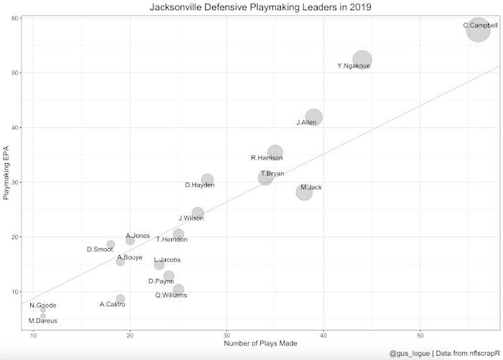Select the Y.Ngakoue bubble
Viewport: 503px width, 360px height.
click(362, 60)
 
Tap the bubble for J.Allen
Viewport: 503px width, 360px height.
click(313, 117)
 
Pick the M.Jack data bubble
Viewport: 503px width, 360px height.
click(304, 192)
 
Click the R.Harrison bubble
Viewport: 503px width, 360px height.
click(275, 152)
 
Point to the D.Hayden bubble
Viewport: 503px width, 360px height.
click(208, 180)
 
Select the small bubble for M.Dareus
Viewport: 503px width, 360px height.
click(43, 315)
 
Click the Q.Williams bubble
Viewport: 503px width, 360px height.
click(178, 290)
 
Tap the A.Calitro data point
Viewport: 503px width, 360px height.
click(120, 299)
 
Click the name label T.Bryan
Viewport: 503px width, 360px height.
click(272, 174)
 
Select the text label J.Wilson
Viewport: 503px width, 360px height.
click(191, 218)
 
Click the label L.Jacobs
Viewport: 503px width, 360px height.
click(167, 259)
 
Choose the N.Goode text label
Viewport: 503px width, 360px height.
click(42, 305)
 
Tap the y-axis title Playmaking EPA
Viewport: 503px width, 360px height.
click(7, 172)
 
